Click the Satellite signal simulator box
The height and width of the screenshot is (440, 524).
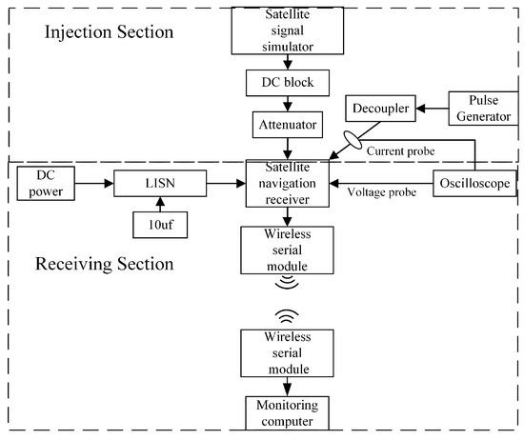click(288, 30)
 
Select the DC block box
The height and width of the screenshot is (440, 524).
click(288, 83)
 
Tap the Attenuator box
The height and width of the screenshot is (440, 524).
click(288, 125)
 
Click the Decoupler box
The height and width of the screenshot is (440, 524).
click(380, 109)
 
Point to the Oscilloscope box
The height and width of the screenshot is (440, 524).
click(474, 184)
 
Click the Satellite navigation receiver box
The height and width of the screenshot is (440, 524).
click(288, 184)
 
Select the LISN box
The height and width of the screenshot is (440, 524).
click(160, 184)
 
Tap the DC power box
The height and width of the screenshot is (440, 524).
click(46, 184)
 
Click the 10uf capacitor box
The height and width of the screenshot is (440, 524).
click(160, 225)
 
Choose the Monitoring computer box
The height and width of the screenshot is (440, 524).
click(288, 413)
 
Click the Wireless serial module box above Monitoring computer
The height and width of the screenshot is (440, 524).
click(288, 353)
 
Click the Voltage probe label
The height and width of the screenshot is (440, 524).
click(382, 192)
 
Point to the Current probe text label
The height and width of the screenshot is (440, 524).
click(401, 151)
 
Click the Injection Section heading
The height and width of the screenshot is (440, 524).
click(109, 32)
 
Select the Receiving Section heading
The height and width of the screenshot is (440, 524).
click(104, 264)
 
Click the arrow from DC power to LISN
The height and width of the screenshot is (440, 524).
click(94, 184)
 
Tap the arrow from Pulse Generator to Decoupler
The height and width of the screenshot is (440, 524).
click(433, 109)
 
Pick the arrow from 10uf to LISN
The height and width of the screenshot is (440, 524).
click(160, 205)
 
